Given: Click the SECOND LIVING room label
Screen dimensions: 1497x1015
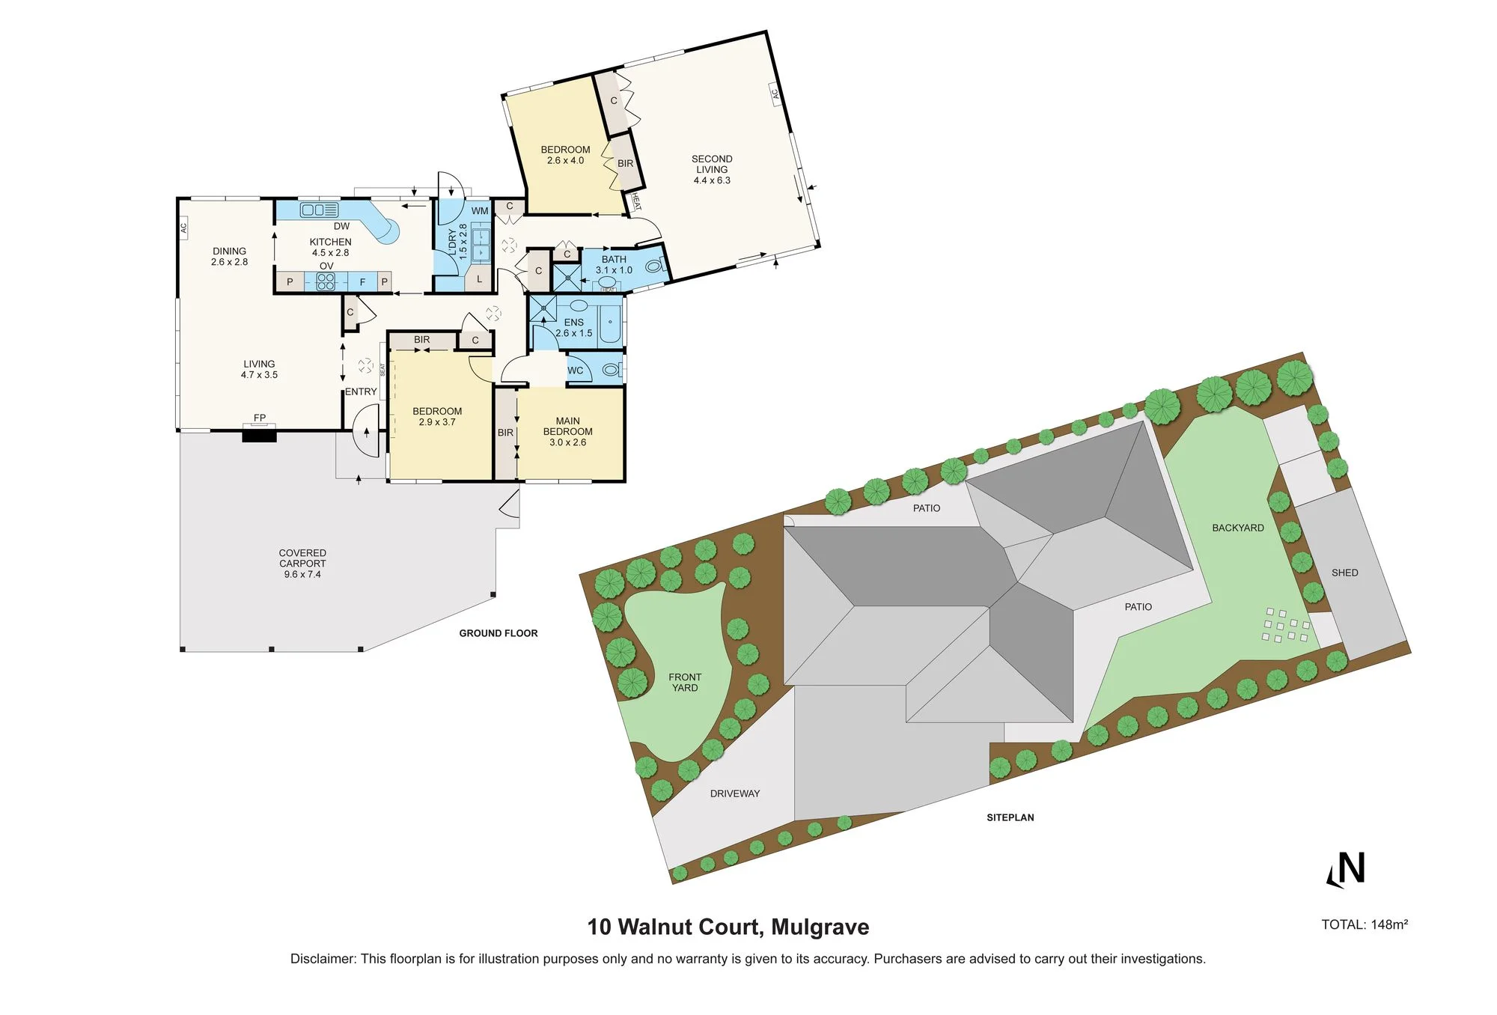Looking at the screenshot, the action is tap(712, 169).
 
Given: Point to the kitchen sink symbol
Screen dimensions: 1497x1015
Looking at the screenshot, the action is tap(319, 210).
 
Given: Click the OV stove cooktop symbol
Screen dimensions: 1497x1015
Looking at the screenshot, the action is tap(326, 281).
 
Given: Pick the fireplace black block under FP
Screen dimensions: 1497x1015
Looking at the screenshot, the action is tap(260, 433).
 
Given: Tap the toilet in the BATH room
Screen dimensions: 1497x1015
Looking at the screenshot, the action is tap(654, 265).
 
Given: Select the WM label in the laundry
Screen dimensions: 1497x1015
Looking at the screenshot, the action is tap(480, 211).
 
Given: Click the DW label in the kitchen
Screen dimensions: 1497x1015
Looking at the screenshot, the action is tap(341, 226).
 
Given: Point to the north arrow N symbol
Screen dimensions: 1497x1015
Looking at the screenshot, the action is tap(1347, 869).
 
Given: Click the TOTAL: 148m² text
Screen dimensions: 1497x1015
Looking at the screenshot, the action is tap(1365, 924).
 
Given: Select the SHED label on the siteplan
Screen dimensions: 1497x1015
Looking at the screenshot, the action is tap(1344, 573).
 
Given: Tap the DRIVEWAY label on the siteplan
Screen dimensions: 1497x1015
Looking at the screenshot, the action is tap(735, 793).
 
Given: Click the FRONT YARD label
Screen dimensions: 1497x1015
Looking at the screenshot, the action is tap(685, 682).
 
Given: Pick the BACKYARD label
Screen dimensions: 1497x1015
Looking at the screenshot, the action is tap(1238, 528).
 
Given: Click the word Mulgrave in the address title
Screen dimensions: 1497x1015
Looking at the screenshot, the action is tap(820, 927).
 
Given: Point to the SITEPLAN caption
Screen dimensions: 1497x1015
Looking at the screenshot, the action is tap(1010, 817).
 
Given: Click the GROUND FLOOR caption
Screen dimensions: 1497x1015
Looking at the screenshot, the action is tap(499, 633).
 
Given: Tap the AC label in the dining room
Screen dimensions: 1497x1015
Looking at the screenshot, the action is tap(183, 227).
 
